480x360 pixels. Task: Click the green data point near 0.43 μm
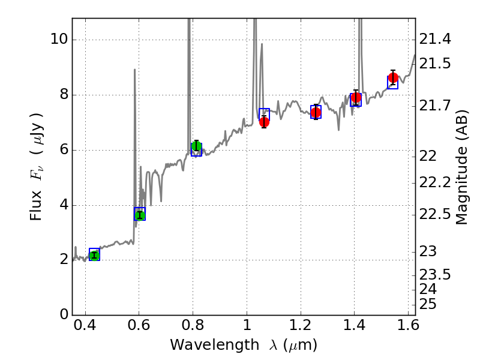[94, 256]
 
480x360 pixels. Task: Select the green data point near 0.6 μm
[140, 215]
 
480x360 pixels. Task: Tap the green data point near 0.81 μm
[196, 146]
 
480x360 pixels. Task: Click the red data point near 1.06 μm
[264, 122]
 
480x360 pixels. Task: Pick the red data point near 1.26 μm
[316, 112]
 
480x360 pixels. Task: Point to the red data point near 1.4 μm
[356, 98]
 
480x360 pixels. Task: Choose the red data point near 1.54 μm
[393, 78]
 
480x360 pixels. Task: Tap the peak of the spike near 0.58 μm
[134, 70]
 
